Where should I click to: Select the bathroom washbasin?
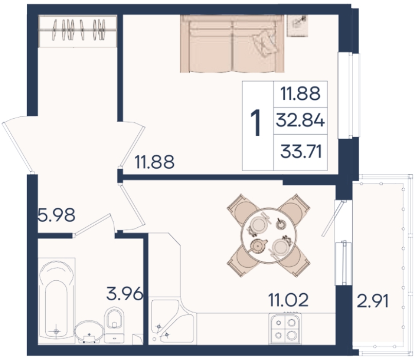pyautogui.click(x=89, y=332)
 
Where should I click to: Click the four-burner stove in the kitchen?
pyautogui.click(x=285, y=329)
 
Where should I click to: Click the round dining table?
pyautogui.click(x=268, y=236)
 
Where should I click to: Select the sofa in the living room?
pyautogui.click(x=232, y=43)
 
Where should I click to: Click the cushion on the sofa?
pyautogui.click(x=265, y=43)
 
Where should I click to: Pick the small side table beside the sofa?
pyautogui.click(x=298, y=26)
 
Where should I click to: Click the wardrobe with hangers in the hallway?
pyautogui.click(x=78, y=31)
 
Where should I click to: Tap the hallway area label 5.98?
pyautogui.click(x=57, y=214)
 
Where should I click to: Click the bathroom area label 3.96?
pyautogui.click(x=125, y=293)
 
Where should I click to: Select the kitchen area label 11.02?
pyautogui.click(x=288, y=300)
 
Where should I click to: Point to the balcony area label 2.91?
pyautogui.click(x=373, y=301)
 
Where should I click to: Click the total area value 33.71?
pyautogui.click(x=301, y=152)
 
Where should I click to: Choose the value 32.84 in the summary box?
pyautogui.click(x=300, y=120)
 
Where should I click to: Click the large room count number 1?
pyautogui.click(x=256, y=123)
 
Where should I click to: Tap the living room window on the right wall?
pyautogui.click(x=349, y=96)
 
